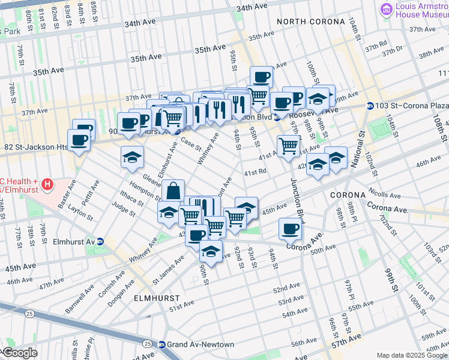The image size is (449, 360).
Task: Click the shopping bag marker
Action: (x=173, y=191)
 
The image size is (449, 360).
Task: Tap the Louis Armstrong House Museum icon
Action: (x=386, y=8)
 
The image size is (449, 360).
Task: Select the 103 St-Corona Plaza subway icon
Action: (x=371, y=105)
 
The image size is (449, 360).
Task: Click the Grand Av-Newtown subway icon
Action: (x=161, y=344)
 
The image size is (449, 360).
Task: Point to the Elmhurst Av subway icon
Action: (x=100, y=242)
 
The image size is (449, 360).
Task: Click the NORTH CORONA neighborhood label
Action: (x=311, y=22)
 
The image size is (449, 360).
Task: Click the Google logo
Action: (x=19, y=353)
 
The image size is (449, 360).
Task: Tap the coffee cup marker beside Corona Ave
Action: (x=291, y=228)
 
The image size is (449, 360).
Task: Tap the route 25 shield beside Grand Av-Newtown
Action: (x=147, y=343)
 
